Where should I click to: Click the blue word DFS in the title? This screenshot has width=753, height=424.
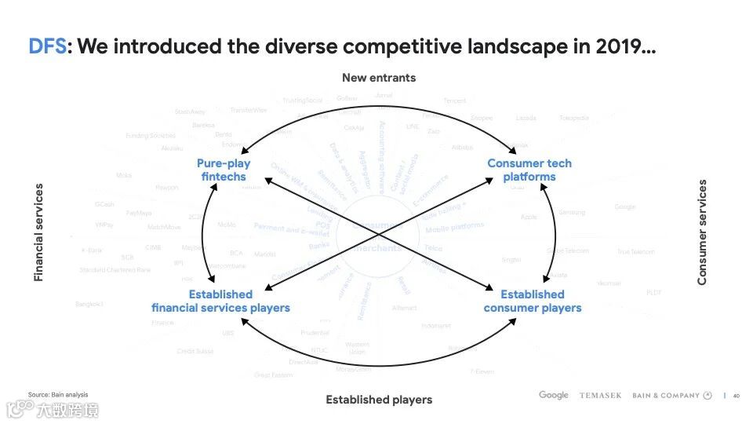[x=47, y=47]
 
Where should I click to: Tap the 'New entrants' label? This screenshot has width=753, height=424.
[x=379, y=78]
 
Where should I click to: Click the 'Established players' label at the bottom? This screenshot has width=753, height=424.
[x=379, y=400]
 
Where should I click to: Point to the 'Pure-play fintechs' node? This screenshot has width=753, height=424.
[x=224, y=170]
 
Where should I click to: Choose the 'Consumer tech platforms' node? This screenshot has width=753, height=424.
[x=529, y=170]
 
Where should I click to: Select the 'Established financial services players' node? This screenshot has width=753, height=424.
[x=220, y=301]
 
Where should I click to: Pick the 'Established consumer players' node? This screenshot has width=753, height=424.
[x=533, y=301]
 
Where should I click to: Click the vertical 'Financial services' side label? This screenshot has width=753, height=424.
[x=38, y=232]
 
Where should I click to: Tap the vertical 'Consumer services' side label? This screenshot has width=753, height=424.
[x=702, y=232]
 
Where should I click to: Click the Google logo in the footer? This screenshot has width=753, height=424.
[x=554, y=395]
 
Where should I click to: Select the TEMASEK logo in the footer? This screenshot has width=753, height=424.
[x=600, y=396]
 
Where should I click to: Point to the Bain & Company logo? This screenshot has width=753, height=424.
[x=671, y=396]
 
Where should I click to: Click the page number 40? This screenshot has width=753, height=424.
[x=737, y=396]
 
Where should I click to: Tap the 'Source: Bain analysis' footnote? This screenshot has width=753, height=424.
[x=58, y=394]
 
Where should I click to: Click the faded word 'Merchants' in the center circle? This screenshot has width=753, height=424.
[x=375, y=247]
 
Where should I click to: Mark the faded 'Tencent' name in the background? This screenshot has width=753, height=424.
[x=455, y=101]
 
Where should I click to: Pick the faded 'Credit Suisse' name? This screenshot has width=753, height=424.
[x=195, y=351]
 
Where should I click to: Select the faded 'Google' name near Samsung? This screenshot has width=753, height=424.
[x=625, y=207]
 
